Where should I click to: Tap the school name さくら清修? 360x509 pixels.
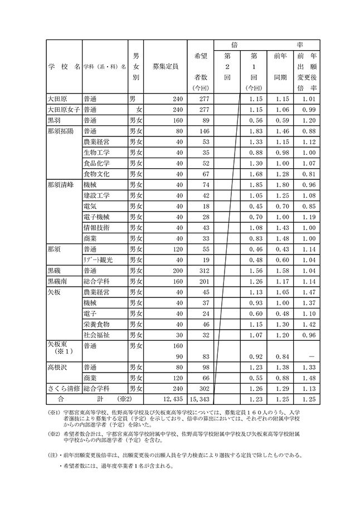click(x=64, y=389)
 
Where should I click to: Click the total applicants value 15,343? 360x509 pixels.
click(x=199, y=400)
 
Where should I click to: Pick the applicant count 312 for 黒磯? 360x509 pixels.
click(x=201, y=271)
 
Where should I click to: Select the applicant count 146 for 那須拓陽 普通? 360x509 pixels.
click(x=201, y=130)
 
